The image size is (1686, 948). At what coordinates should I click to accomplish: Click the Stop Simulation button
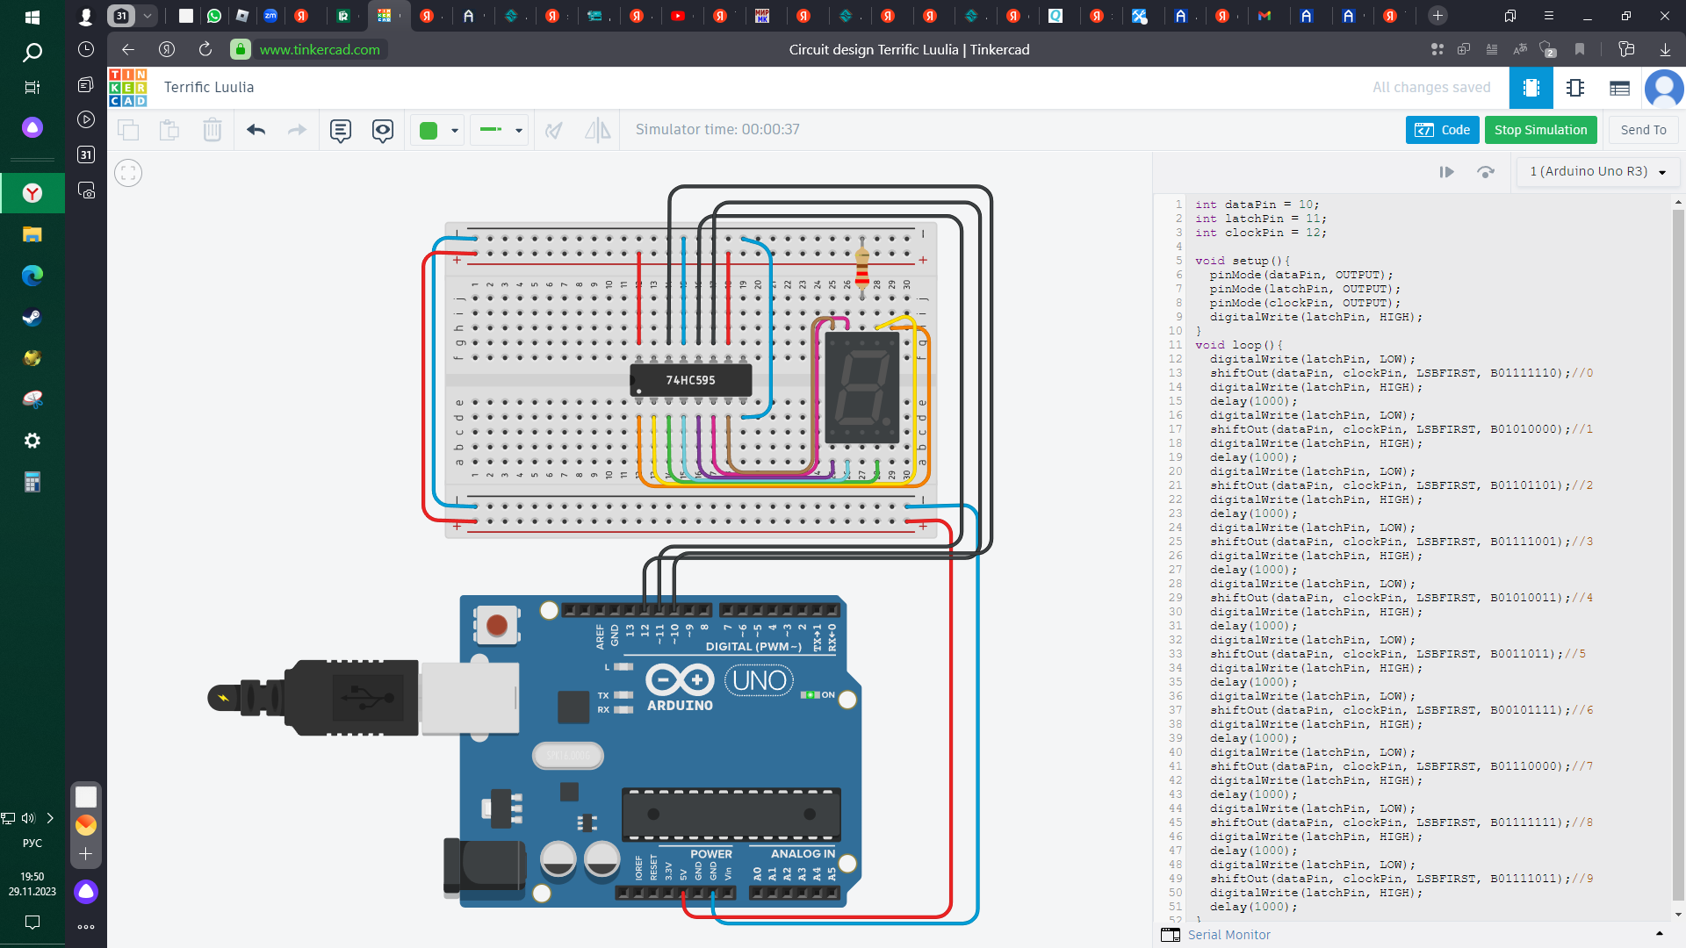click(1540, 130)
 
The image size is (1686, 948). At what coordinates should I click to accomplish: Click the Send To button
click(1643, 130)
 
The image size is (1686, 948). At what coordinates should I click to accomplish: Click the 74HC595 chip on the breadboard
click(690, 380)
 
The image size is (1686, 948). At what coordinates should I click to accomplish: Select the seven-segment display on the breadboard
click(862, 386)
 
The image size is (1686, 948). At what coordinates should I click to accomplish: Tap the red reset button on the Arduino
click(496, 625)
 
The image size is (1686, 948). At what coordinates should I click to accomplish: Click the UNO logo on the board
click(759, 680)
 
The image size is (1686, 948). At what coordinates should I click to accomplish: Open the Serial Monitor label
click(1228, 935)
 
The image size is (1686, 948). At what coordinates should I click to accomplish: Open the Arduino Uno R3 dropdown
click(1597, 171)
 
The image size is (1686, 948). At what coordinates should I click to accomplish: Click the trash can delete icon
click(212, 130)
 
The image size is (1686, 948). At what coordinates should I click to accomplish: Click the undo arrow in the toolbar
click(256, 130)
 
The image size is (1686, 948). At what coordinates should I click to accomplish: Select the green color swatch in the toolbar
click(429, 131)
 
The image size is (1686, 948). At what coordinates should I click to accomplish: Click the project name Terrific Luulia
click(209, 87)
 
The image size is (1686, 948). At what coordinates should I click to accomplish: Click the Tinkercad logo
click(128, 87)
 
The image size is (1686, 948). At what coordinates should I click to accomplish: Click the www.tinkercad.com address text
click(320, 49)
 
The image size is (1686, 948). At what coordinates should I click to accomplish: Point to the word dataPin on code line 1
click(1250, 205)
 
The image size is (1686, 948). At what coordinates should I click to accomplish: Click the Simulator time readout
click(717, 129)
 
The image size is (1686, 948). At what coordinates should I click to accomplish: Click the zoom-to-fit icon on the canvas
click(128, 173)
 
